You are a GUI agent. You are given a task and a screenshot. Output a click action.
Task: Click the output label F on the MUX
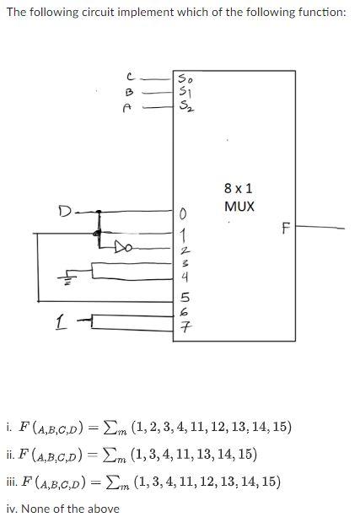[x=286, y=228]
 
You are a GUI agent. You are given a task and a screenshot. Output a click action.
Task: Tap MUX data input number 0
[x=181, y=213]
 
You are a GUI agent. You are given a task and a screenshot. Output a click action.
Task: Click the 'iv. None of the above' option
[x=63, y=508]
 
